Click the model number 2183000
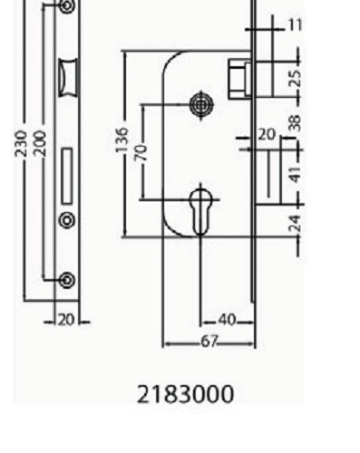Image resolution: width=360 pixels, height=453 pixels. pyautogui.click(x=186, y=394)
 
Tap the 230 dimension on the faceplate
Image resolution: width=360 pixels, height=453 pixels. pyautogui.click(x=21, y=143)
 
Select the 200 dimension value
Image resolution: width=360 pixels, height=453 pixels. pyautogui.click(x=40, y=143)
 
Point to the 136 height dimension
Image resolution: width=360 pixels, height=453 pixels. pyautogui.click(x=122, y=140)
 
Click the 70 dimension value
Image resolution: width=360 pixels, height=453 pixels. pyautogui.click(x=141, y=152)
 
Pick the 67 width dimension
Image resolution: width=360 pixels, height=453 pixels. pyautogui.click(x=209, y=342)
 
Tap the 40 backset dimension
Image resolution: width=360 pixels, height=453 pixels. pyautogui.click(x=227, y=320)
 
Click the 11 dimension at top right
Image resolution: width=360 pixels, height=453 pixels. pyautogui.click(x=296, y=24)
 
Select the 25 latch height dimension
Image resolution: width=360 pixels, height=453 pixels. pyautogui.click(x=295, y=78)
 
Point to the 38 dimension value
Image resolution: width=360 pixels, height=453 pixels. pyautogui.click(x=295, y=122)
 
